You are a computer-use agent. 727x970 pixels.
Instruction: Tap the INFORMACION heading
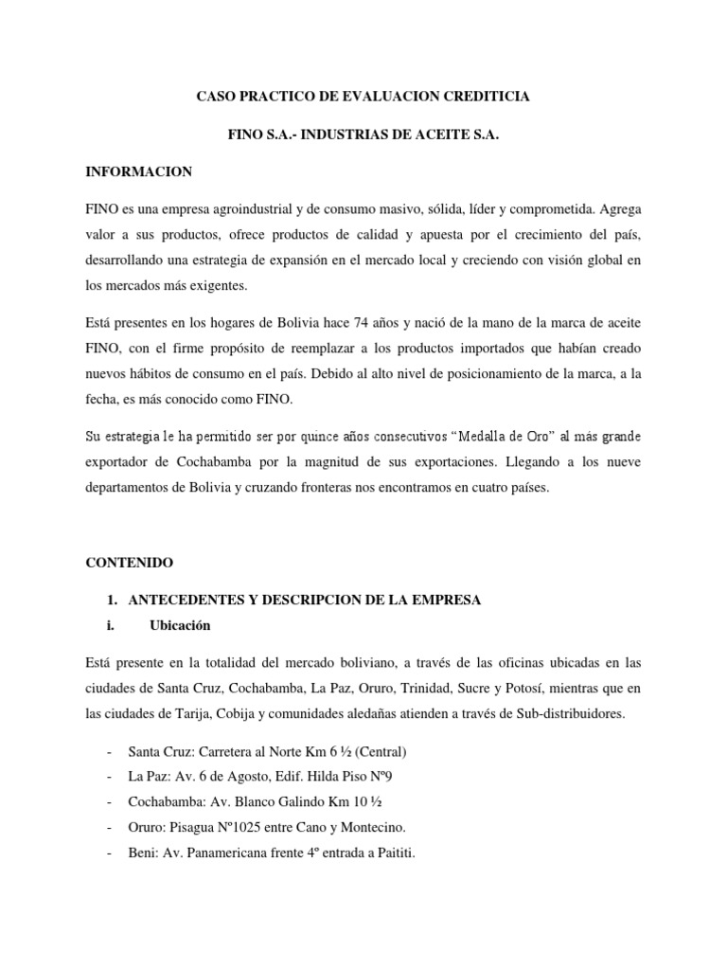click(139, 171)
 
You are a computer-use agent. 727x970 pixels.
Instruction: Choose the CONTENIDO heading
click(130, 563)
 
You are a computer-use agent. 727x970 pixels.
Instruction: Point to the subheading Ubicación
click(180, 625)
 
